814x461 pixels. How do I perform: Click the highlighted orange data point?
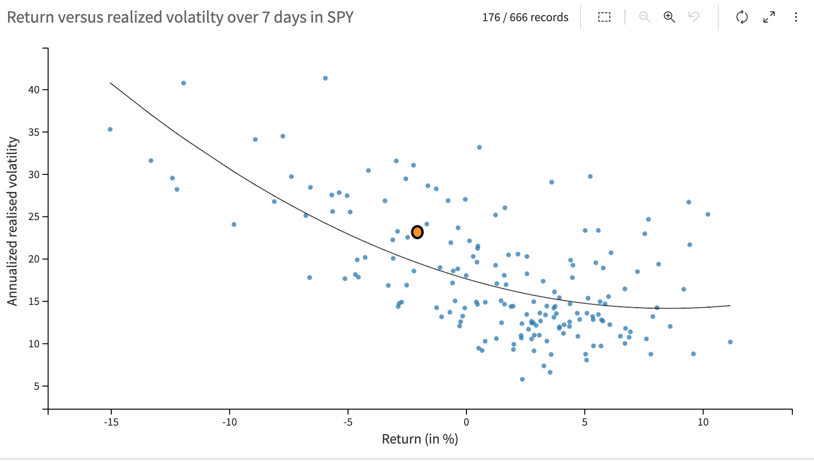tap(417, 232)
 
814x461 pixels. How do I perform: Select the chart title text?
tap(180, 17)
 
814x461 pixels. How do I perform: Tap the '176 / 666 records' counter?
tap(525, 17)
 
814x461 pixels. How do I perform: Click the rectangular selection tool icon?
tap(604, 17)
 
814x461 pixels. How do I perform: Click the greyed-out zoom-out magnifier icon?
tap(644, 17)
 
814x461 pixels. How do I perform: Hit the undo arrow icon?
tap(694, 17)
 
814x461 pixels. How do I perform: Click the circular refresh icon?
tap(742, 17)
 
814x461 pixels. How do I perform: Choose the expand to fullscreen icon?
tap(769, 17)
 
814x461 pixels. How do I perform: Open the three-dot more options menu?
tap(796, 17)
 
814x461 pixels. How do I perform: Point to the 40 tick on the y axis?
tap(34, 90)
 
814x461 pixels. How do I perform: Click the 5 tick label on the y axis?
tap(37, 387)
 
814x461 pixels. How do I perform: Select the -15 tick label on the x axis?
tap(111, 422)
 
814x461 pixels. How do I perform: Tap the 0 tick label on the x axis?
tap(466, 422)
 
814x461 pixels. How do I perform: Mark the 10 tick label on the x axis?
tap(703, 422)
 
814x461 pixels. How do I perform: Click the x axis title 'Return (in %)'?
tap(420, 439)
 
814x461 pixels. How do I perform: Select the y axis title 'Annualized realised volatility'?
tap(12, 222)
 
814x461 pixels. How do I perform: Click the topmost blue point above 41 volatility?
tap(325, 78)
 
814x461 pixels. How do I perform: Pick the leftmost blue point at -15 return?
tap(110, 129)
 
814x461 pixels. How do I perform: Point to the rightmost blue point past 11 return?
tap(730, 342)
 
